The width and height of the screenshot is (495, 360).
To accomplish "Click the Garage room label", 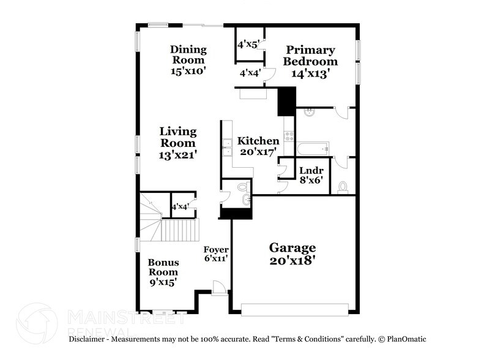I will [292, 248].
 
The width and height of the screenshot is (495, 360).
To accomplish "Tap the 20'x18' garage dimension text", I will [292, 261].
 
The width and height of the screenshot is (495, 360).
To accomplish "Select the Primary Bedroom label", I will [310, 56].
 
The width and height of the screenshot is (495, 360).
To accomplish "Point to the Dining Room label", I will [188, 54].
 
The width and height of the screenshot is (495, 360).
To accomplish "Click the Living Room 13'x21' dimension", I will [178, 156].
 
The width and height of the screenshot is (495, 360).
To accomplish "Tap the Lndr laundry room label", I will [310, 171].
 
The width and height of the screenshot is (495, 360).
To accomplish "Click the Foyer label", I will [216, 250].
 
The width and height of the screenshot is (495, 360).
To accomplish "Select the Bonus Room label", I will [163, 267].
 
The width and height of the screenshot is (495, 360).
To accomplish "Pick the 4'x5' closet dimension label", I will [248, 44].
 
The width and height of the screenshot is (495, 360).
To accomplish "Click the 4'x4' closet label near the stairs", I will [180, 207].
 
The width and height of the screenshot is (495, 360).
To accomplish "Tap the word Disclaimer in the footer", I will [89, 339].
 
